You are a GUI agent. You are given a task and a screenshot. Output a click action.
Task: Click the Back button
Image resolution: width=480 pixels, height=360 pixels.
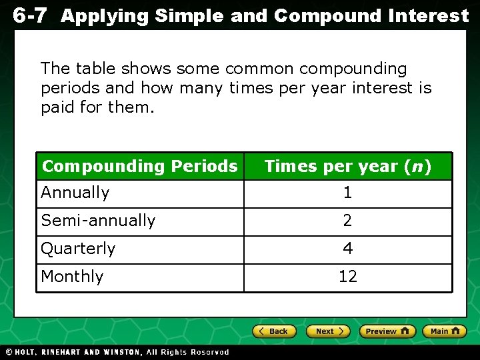point(275,331)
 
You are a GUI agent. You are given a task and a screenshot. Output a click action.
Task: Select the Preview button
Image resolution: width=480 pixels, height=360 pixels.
point(387,331)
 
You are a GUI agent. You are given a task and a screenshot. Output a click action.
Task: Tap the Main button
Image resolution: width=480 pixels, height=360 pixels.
point(444,331)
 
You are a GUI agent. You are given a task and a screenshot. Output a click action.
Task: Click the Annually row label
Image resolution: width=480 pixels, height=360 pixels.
point(75,193)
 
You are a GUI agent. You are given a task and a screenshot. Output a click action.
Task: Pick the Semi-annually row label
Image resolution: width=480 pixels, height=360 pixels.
point(98,221)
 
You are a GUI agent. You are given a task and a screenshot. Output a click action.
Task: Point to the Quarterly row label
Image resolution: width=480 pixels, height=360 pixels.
point(78,249)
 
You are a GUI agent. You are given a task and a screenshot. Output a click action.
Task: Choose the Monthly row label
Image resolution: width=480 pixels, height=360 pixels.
point(72,277)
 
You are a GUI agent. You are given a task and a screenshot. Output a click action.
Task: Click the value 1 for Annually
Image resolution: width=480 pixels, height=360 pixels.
point(347,193)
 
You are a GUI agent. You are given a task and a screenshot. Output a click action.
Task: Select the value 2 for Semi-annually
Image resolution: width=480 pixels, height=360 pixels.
point(347,221)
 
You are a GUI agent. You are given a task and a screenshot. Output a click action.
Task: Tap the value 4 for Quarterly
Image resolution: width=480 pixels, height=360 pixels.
point(347,249)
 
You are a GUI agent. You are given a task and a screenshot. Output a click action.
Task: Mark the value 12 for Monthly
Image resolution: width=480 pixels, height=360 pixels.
point(347,277)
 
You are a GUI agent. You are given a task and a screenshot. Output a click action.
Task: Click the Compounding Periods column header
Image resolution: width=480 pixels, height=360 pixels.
point(139,166)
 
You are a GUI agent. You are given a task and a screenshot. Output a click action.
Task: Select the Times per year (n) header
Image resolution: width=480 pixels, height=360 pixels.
point(347,166)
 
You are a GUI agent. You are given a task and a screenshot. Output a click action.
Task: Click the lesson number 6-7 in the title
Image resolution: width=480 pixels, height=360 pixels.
point(29,15)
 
